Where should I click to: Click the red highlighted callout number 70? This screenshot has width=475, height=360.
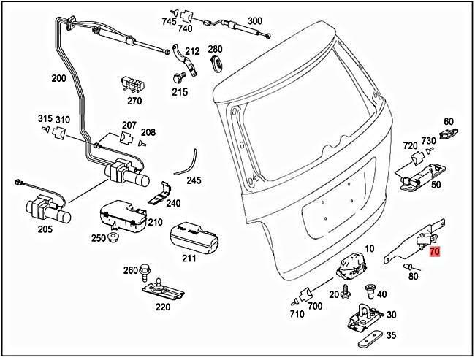coord(435,252)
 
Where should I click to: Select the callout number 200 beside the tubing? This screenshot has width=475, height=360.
coord(58,79)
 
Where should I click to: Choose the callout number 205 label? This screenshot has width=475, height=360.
coord(45,229)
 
